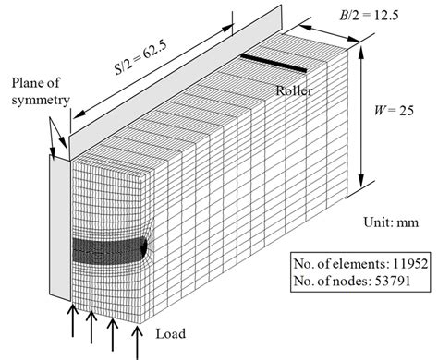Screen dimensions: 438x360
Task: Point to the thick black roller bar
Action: [x=274, y=64]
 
